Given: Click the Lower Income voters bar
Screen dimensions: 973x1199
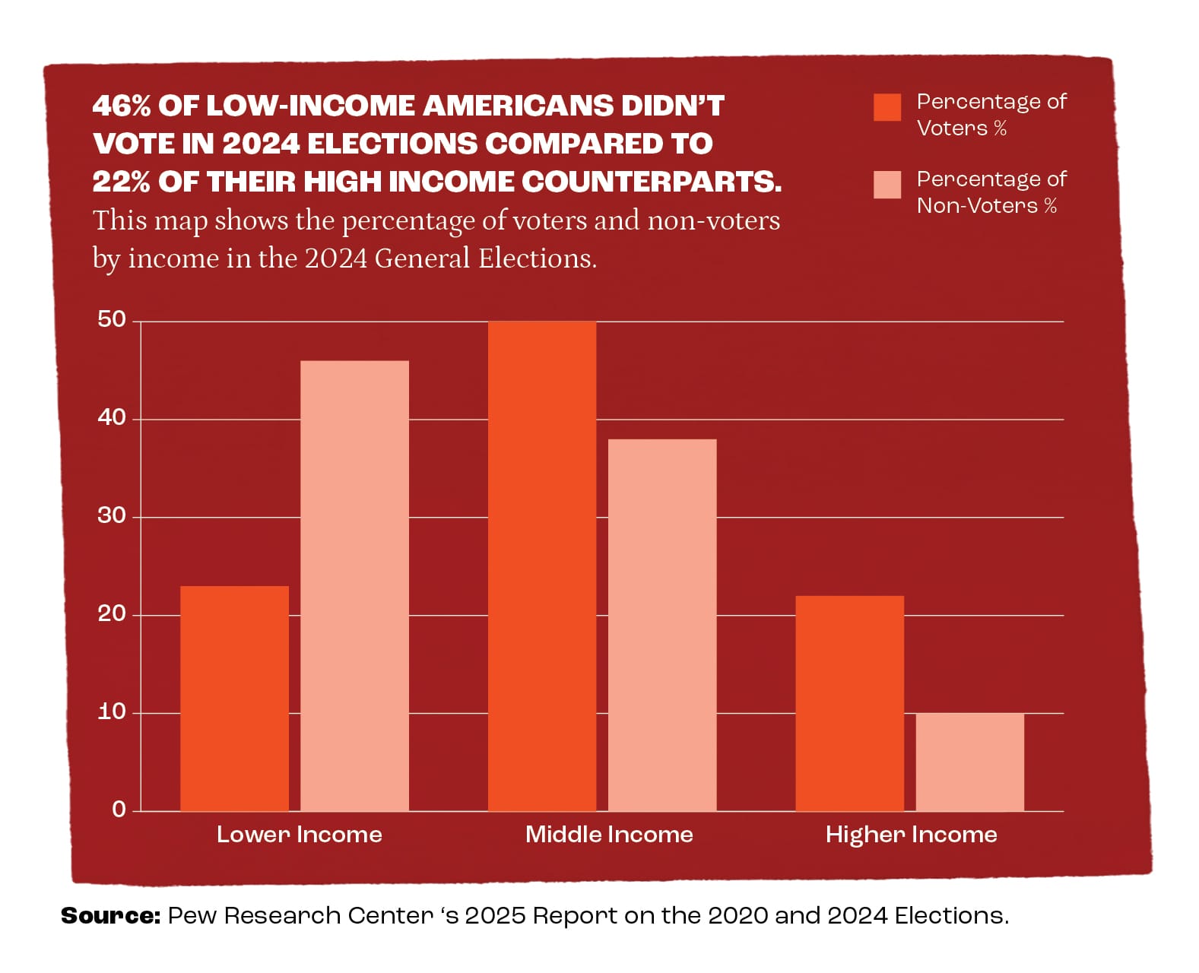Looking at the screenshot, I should coord(234,698).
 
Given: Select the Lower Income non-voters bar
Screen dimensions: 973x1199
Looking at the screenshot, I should coord(354,585).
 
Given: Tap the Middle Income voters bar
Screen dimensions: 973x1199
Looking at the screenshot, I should coord(541,566).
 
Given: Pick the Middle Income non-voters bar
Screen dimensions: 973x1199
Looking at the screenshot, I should coord(661,625).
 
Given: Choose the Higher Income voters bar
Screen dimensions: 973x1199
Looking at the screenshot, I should coord(849,703).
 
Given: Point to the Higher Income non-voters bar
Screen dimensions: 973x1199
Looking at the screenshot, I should coord(969,762).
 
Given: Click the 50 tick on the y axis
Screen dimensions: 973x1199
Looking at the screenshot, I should coord(112,320).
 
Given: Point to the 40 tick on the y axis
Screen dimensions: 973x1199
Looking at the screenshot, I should coord(112,417).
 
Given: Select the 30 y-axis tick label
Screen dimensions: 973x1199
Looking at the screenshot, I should coord(112,516).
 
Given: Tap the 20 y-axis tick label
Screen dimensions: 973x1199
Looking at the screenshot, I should coord(112,614).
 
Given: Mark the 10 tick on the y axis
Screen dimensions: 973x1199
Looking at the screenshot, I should coord(112,712).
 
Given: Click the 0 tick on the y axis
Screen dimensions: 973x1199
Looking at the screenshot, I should coord(119,810).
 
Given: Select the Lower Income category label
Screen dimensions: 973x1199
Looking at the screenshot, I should coord(299,835).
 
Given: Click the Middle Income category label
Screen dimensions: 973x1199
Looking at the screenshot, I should coord(609,835).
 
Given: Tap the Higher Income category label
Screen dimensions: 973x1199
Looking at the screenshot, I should coord(911,835).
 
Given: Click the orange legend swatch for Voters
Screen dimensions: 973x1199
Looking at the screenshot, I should coord(887,107).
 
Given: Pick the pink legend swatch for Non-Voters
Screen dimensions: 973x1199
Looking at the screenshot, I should coord(887,185).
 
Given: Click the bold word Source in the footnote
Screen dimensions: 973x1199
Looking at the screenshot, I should coord(110,916).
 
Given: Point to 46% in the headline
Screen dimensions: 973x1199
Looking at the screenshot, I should coord(122,106).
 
